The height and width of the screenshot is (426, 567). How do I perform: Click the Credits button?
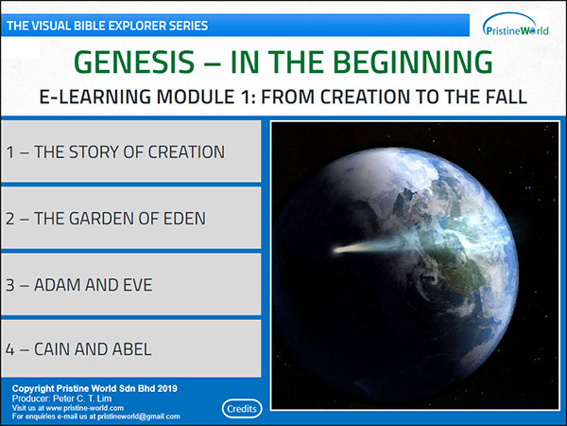coord(242,409)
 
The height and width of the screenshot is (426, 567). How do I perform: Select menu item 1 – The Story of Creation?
coord(130,151)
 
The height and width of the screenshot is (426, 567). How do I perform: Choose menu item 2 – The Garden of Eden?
coord(130,218)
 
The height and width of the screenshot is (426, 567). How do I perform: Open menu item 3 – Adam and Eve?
coord(130,284)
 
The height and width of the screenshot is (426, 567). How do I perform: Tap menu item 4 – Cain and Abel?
coord(130,348)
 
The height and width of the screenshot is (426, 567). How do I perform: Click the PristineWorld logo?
coord(515,26)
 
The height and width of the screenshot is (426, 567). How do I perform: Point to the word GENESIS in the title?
coord(134,62)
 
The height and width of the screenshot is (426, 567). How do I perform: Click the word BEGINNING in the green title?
coord(416,62)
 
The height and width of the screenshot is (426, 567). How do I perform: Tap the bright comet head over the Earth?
coord(342,249)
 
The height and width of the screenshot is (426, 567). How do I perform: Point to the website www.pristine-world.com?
coord(85,408)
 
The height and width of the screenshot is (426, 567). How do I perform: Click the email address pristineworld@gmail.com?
coord(139,417)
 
